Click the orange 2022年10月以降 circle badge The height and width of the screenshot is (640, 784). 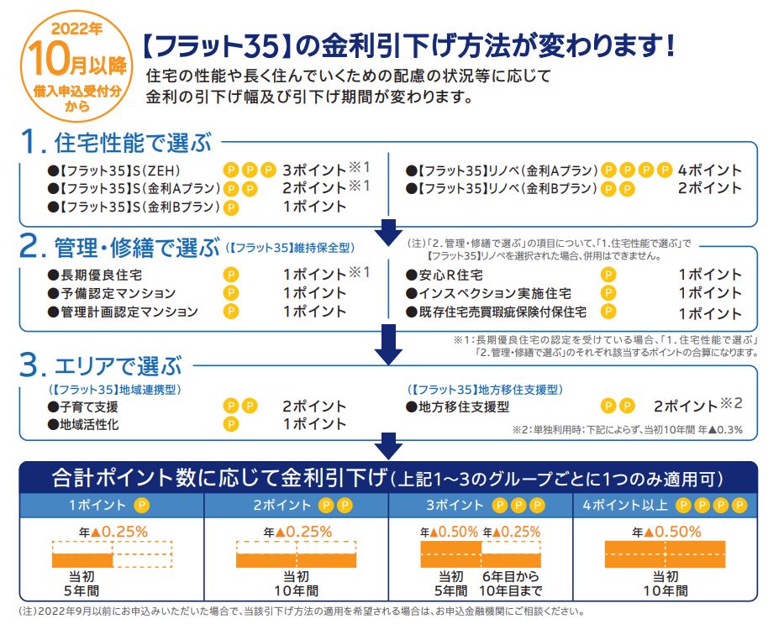[76, 66]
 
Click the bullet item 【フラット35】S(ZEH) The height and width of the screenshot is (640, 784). [114, 170]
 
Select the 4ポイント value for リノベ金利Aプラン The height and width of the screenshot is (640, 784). [709, 170]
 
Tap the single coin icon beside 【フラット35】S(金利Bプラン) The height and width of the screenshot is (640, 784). [230, 207]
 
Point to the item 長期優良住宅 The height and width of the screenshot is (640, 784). [95, 275]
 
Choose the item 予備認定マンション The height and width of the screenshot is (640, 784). [112, 293]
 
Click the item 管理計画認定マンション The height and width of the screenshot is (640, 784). [123, 312]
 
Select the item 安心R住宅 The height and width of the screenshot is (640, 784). [445, 275]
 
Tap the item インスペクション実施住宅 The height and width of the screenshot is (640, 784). [488, 293]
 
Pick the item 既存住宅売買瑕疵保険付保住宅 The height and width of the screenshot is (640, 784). [496, 312]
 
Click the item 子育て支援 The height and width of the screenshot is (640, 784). [83, 407]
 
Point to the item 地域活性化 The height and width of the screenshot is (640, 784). [83, 425]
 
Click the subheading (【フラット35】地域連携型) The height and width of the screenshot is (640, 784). [115, 390]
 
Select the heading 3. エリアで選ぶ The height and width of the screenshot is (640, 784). [101, 365]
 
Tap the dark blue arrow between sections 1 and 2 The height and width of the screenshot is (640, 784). [388, 232]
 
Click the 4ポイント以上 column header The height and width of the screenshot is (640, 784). [665, 506]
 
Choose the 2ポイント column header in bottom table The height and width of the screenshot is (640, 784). [297, 506]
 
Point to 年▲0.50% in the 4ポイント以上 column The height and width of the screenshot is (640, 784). [666, 532]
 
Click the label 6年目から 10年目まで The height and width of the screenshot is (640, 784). [511, 584]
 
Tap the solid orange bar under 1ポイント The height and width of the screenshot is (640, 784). [82, 560]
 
